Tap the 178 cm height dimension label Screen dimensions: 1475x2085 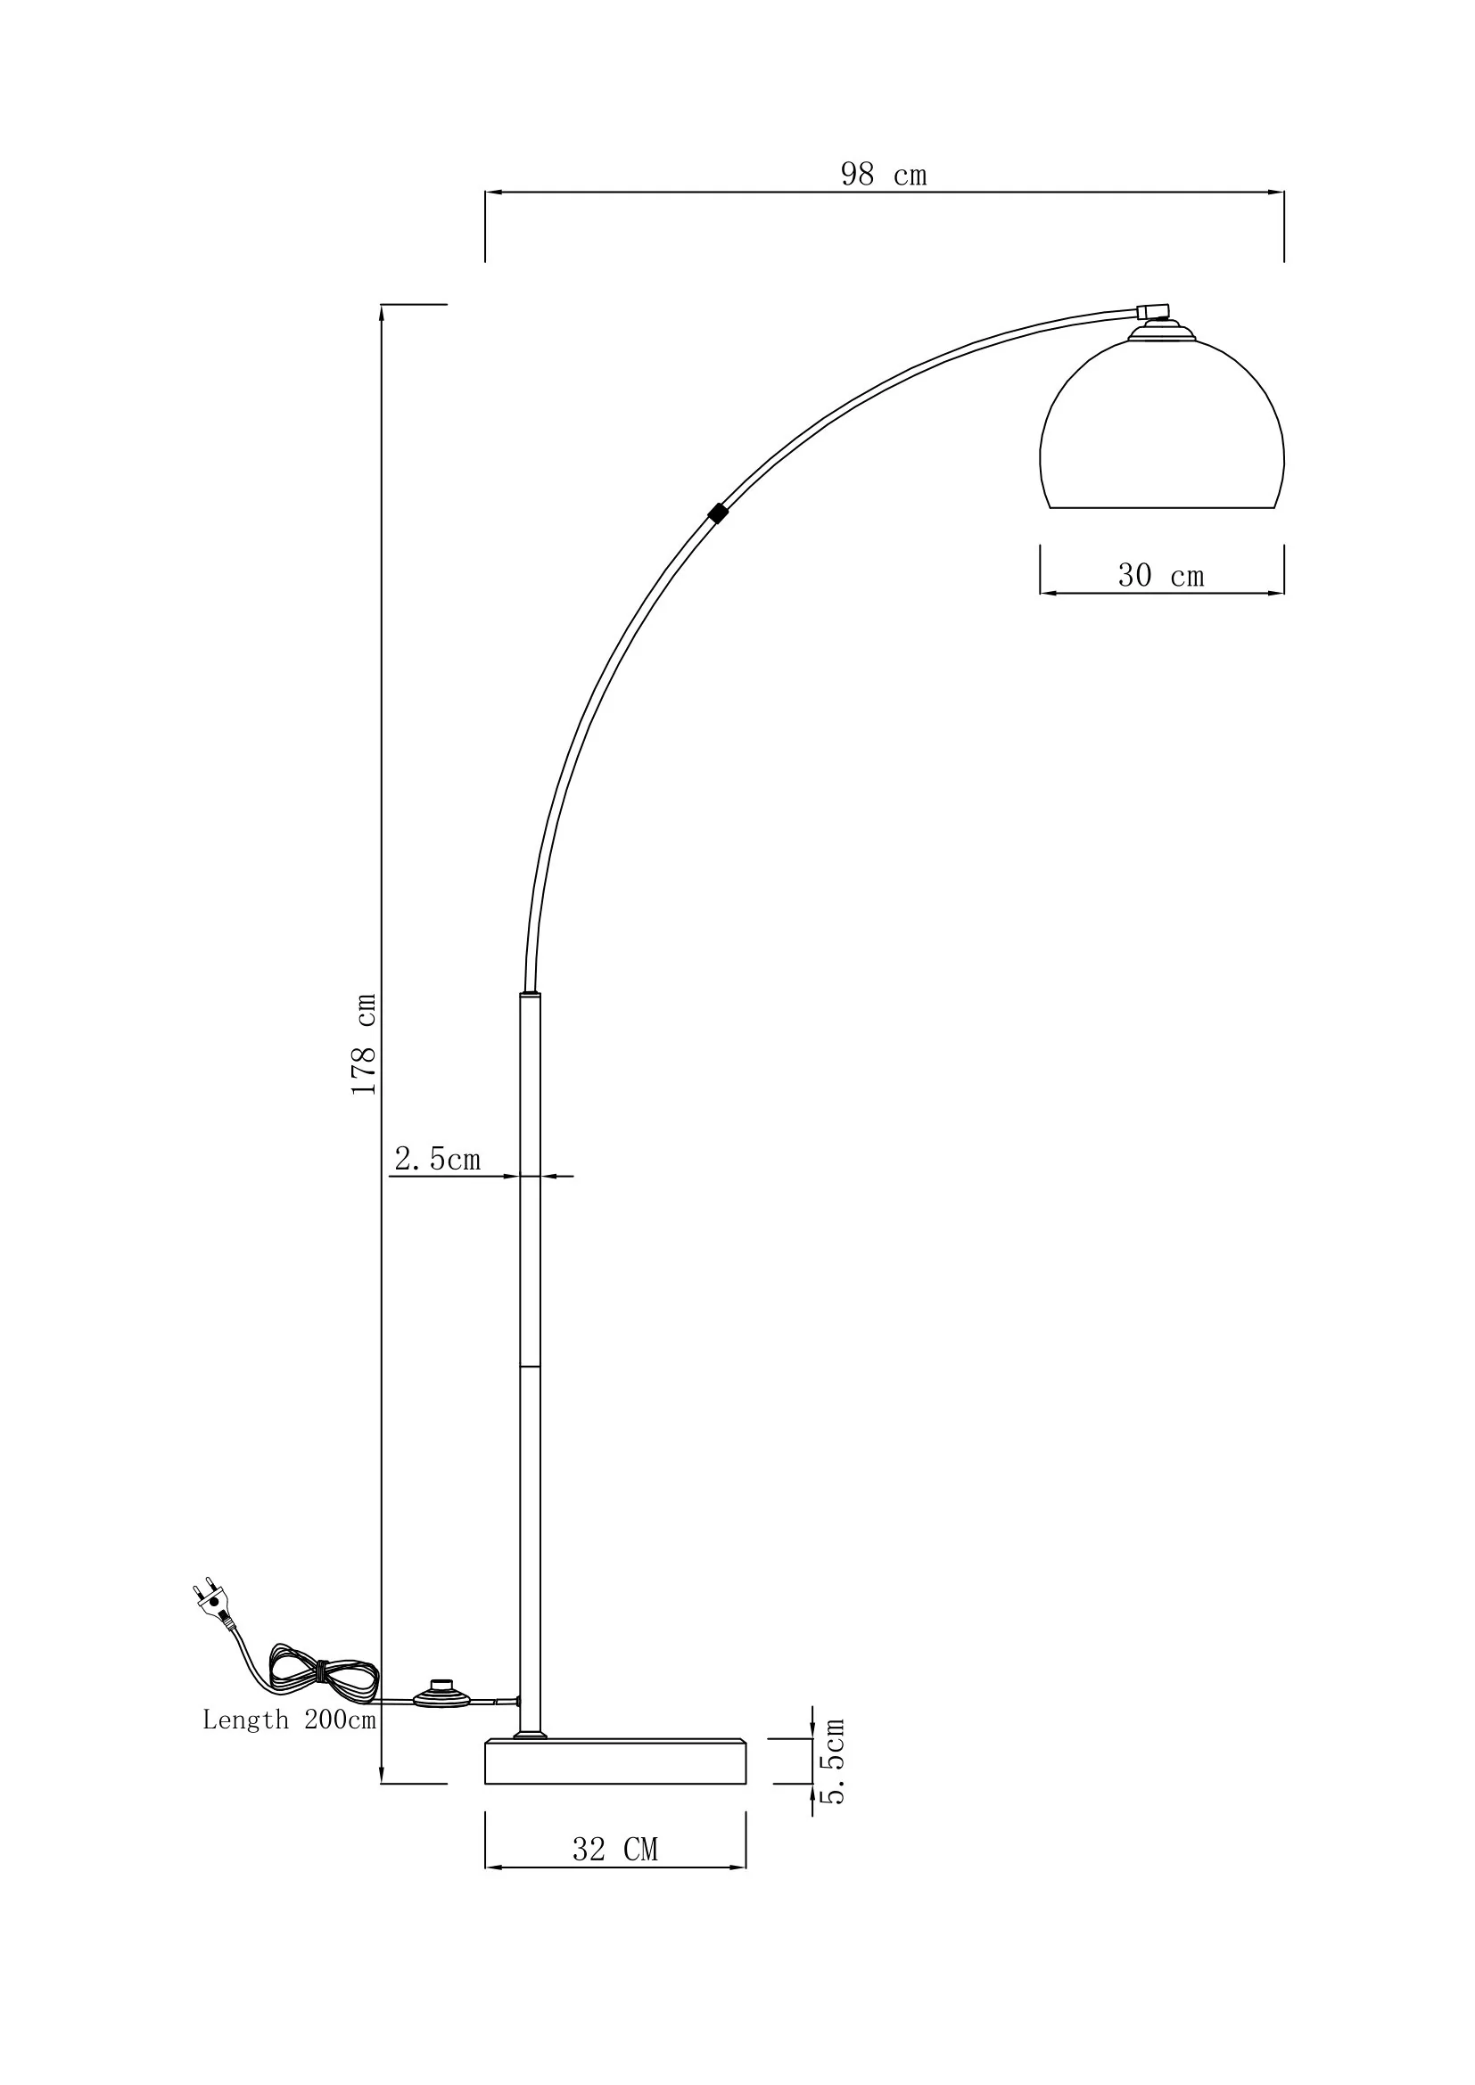point(364,1044)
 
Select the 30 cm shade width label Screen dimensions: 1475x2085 point(1161,575)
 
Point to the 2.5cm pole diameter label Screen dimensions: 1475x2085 point(437,1159)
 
